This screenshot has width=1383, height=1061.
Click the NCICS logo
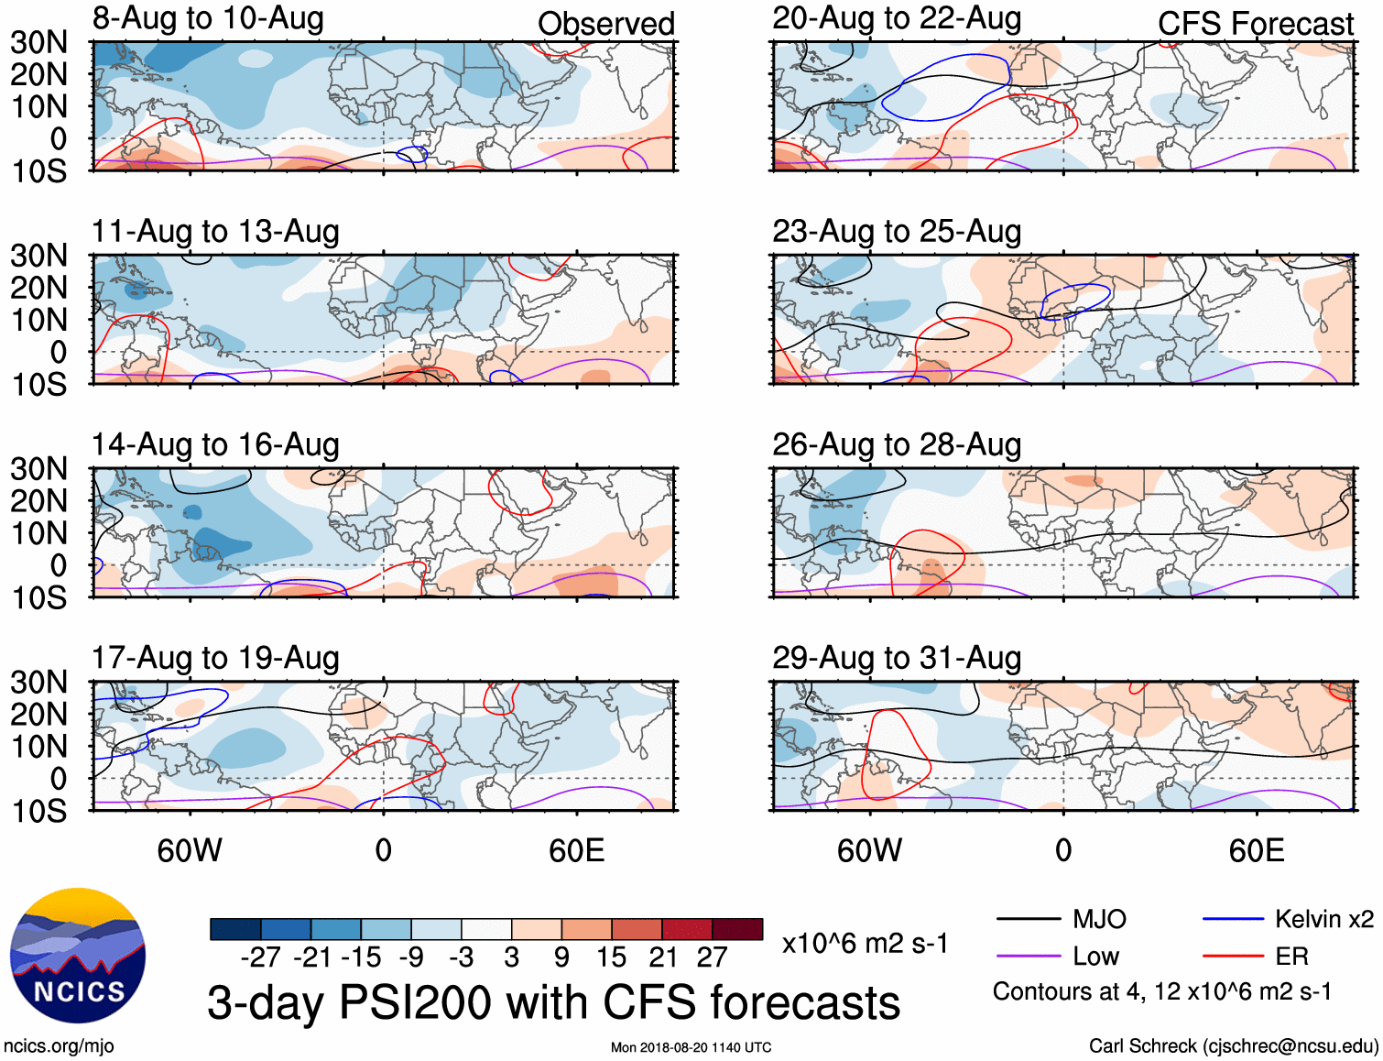78,956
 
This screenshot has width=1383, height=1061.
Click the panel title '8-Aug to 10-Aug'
208,18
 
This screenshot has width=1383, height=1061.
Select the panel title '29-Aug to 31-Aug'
897,658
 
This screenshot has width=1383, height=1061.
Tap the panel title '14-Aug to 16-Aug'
215,444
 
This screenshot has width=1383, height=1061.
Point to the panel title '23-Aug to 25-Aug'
897,232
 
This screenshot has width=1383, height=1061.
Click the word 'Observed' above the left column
605,24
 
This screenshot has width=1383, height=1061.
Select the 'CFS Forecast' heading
1255,24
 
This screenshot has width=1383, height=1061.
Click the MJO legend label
1099,919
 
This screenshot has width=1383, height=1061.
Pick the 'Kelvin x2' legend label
1323,919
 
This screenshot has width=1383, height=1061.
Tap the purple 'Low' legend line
1028,957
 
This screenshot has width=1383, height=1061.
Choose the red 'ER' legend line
1233,957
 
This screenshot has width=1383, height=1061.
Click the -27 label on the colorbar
260,957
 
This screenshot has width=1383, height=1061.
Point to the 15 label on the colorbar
611,957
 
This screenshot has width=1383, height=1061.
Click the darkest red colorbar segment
737,929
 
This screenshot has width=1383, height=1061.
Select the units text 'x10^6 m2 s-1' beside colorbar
865,944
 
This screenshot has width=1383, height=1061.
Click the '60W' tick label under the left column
190,850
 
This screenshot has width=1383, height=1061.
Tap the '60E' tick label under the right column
1256,850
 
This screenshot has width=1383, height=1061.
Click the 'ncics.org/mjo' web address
59,1046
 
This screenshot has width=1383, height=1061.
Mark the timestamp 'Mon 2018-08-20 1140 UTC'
691,1047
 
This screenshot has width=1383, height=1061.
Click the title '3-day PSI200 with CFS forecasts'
553,1002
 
